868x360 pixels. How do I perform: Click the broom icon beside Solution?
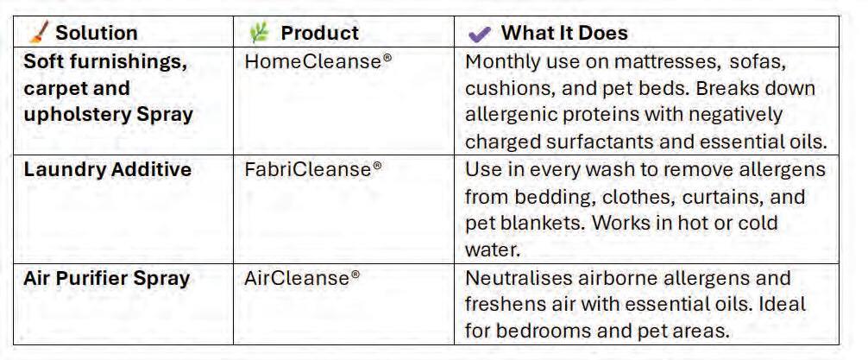tap(38, 32)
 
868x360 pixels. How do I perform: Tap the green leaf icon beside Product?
tap(259, 33)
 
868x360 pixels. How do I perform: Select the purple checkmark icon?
tap(480, 35)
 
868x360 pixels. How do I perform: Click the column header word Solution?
tap(97, 33)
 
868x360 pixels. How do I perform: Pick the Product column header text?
tap(320, 33)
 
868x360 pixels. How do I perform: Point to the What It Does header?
tap(564, 33)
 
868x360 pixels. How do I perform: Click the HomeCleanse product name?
tap(318, 61)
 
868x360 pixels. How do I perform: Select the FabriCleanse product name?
tap(313, 169)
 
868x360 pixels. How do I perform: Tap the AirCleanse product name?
tap(302, 277)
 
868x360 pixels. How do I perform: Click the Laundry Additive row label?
tap(107, 169)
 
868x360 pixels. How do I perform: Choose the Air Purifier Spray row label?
tap(107, 278)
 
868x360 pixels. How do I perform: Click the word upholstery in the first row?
tap(77, 115)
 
